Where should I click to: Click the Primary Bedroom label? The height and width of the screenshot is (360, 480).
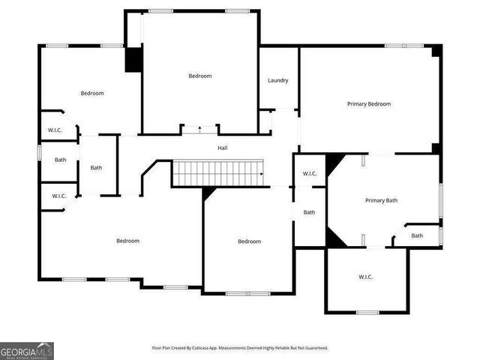(x=368, y=104)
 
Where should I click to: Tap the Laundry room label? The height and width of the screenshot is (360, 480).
(x=278, y=81)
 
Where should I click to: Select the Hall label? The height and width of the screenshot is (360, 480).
(x=223, y=148)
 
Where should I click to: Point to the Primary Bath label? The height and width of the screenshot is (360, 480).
(x=381, y=200)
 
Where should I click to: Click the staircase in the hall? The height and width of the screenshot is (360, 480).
(x=217, y=174)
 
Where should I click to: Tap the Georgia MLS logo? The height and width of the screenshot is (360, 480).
(x=27, y=350)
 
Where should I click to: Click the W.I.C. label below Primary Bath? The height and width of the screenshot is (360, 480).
(x=365, y=277)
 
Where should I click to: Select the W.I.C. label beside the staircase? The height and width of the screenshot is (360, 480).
(x=310, y=174)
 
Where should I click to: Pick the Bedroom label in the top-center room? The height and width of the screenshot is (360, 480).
(x=199, y=76)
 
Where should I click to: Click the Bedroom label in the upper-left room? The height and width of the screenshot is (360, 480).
(x=91, y=93)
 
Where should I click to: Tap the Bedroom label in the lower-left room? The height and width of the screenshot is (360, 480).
(x=127, y=241)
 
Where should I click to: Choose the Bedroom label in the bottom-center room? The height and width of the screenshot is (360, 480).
(x=249, y=241)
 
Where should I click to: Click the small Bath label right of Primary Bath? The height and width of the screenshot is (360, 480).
(x=416, y=236)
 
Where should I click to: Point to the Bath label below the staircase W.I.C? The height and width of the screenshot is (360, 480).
(x=309, y=212)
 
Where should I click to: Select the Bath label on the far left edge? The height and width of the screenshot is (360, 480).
(x=60, y=160)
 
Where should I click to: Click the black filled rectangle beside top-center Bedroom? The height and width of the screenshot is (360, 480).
(x=133, y=60)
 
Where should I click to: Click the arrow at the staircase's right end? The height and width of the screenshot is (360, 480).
(x=261, y=175)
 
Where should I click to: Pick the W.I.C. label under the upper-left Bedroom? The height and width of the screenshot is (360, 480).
(x=55, y=130)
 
